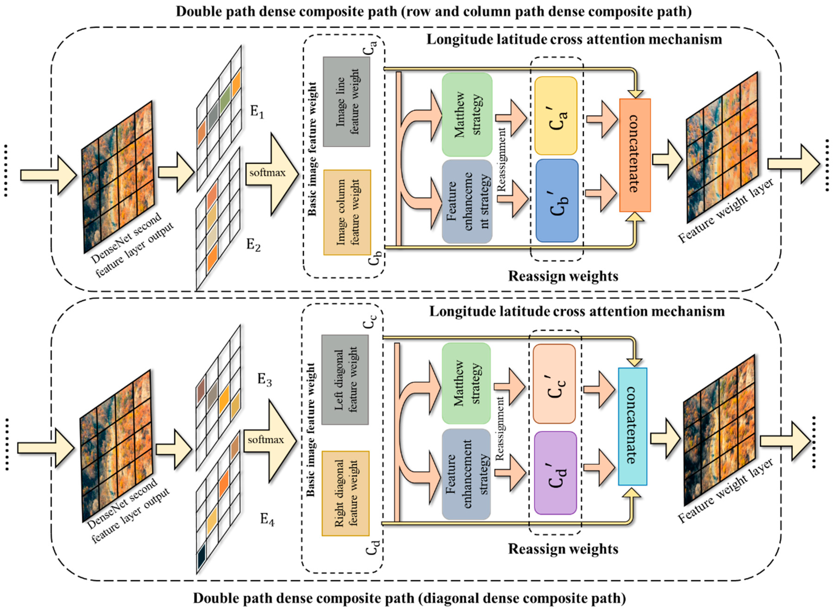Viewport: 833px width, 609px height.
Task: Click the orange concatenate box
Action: [635, 155]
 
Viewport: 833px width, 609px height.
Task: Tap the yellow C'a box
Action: [555, 116]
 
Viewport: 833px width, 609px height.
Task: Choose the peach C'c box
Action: [554, 384]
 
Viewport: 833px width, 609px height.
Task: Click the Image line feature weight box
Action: [346, 102]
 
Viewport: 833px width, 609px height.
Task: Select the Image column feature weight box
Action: [347, 212]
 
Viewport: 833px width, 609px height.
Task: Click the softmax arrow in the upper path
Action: [271, 173]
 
